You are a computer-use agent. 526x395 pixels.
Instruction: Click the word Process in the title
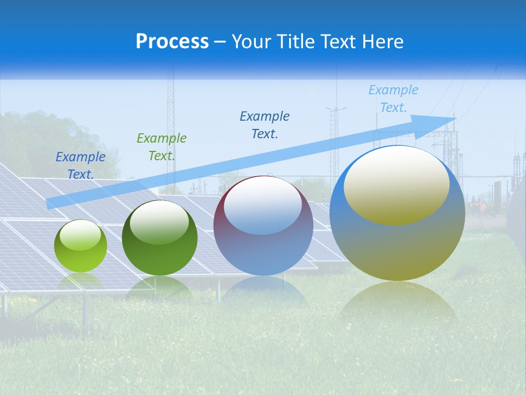click(x=172, y=42)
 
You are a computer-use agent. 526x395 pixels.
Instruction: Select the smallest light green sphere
click(x=81, y=246)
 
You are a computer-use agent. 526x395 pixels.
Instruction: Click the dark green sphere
click(x=159, y=238)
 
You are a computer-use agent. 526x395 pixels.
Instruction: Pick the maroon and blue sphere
click(x=263, y=226)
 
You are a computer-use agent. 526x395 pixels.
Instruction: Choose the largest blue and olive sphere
click(x=397, y=213)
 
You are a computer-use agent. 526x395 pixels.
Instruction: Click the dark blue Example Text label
click(x=265, y=125)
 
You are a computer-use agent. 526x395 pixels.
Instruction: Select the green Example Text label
click(x=162, y=146)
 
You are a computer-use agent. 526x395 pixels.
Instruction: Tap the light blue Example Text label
click(x=393, y=99)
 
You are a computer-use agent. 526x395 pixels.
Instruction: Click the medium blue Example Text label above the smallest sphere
click(x=81, y=165)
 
